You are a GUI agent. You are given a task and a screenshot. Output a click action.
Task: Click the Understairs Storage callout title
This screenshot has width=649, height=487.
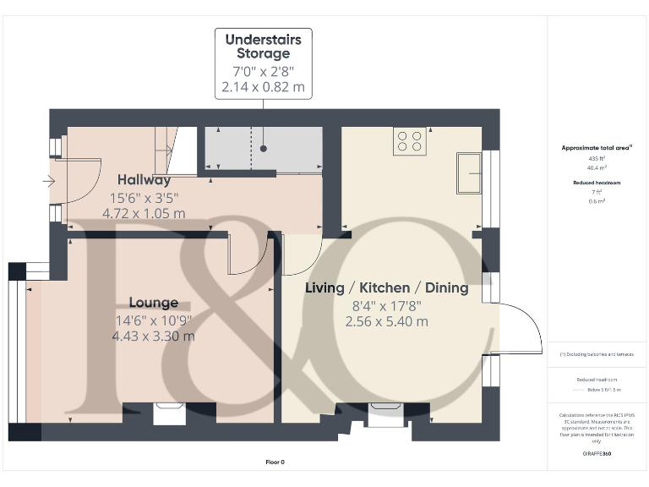coord(263,47)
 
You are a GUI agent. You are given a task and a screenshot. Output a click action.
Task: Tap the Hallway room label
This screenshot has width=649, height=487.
coord(144,179)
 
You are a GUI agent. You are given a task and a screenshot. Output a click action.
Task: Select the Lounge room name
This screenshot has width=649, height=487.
coord(153,303)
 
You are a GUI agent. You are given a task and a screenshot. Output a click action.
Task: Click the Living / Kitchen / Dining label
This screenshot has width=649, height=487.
coord(386,287)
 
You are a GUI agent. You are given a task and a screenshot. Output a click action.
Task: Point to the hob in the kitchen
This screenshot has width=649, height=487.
coord(410,140)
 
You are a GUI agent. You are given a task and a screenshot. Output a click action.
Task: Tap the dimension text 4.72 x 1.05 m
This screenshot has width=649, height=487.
coord(144,213)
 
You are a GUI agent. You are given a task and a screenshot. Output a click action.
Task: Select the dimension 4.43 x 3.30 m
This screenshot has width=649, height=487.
coord(153,336)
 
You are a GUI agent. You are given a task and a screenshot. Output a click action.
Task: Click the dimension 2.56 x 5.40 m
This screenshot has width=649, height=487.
coord(386,321)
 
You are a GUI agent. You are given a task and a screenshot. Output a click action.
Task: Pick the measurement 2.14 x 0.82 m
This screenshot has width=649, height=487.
coord(263,88)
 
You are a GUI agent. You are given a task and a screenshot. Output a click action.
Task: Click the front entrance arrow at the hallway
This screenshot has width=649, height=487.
coord(48,180)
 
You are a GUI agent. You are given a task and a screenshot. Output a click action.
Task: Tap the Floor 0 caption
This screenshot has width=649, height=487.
coord(275,462)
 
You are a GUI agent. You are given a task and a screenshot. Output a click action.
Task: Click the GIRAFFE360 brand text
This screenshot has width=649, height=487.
coord(597,455)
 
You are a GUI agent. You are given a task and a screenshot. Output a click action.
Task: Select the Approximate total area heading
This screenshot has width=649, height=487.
coord(597,148)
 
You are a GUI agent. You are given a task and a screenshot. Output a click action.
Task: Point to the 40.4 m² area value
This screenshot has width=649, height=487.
coord(597,167)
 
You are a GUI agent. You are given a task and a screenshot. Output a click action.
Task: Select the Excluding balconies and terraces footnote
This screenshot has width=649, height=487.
coord(597,354)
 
